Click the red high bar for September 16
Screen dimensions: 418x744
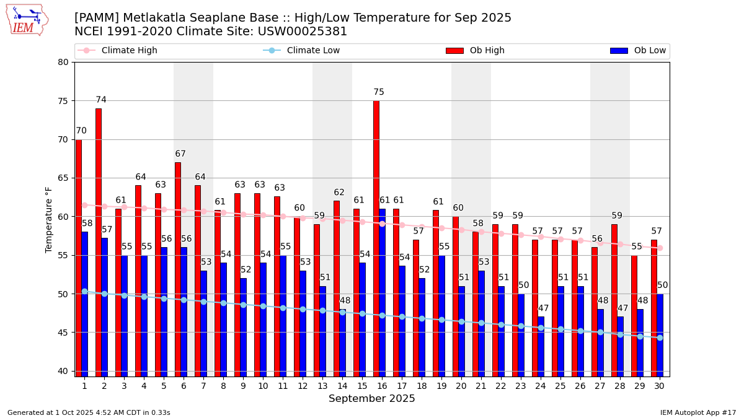(x=376, y=238)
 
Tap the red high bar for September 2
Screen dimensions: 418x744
(x=99, y=242)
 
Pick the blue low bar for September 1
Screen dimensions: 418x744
(x=85, y=304)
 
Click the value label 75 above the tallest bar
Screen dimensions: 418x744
(x=379, y=92)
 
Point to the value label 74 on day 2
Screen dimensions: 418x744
(x=101, y=100)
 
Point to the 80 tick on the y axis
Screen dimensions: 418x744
(x=63, y=62)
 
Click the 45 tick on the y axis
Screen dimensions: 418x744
(x=63, y=333)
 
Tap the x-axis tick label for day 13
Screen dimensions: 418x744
(x=322, y=386)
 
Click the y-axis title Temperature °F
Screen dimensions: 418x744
(x=49, y=219)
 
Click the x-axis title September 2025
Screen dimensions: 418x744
(x=372, y=399)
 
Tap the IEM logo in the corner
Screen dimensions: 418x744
(x=27, y=19)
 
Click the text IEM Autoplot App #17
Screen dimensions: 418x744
(x=698, y=412)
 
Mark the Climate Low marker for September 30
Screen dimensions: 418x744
(x=660, y=337)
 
